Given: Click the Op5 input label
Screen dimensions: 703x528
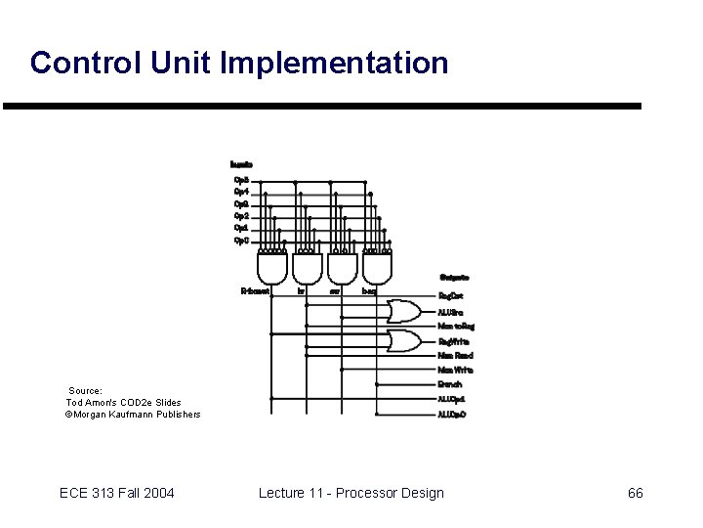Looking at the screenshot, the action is (241, 180).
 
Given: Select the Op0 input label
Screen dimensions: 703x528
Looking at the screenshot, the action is (241, 241).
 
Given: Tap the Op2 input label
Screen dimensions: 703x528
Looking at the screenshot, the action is (241, 216).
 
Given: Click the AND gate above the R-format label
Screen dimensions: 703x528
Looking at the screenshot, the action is (271, 266).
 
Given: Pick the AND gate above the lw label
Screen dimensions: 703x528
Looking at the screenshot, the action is (307, 266).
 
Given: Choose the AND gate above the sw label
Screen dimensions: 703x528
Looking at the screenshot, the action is (342, 266).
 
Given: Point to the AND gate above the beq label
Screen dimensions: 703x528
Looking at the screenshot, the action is (377, 266).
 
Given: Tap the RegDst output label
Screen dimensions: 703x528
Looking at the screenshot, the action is (452, 295).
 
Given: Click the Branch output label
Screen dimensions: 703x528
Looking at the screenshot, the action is (451, 385).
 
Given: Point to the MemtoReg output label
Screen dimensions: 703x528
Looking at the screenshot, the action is (455, 326).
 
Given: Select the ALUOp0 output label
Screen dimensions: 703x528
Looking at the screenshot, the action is (453, 415).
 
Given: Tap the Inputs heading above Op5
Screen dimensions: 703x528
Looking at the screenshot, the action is (241, 164).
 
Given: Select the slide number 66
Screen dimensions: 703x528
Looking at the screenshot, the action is (635, 493).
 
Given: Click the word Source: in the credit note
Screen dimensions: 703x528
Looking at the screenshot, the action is (85, 390).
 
